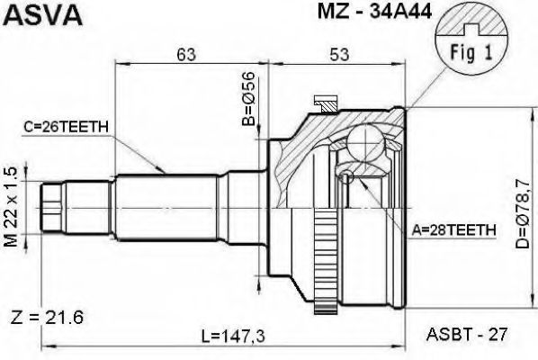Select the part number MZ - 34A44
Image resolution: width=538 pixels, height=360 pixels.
tap(374, 11)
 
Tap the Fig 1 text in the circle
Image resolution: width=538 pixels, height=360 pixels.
tap(471, 53)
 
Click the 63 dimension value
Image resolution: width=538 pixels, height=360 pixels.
tap(186, 55)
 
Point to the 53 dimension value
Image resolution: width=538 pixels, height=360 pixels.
tap(339, 55)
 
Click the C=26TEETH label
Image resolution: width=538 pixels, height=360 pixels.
tap(66, 127)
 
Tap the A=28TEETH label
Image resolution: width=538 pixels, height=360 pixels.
tap(454, 230)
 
